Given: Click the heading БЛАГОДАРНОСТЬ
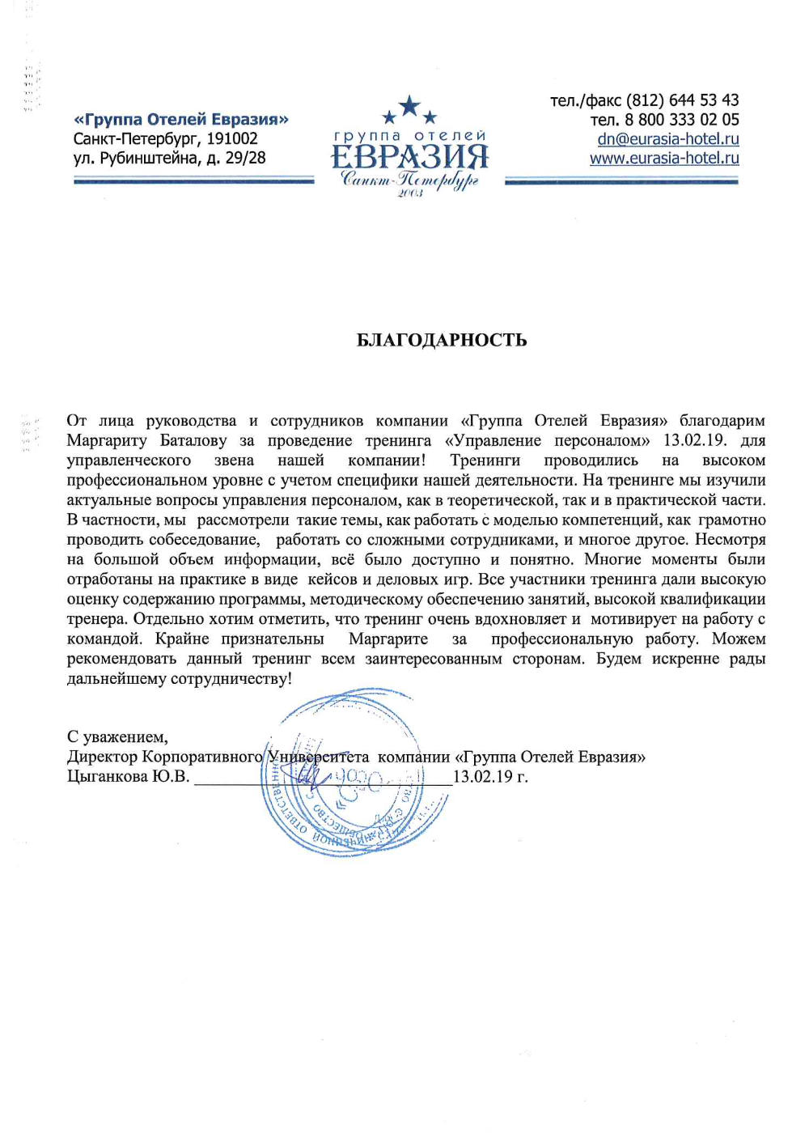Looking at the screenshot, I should click(x=442, y=340).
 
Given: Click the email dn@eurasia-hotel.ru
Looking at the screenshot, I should click(x=667, y=138).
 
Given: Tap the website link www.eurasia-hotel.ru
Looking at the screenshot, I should click(x=664, y=158).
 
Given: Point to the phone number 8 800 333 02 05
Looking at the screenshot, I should click(x=681, y=120).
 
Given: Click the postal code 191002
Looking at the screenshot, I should click(x=232, y=138).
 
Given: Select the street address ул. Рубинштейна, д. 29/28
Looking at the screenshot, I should click(x=169, y=158).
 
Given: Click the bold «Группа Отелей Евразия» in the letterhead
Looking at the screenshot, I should click(x=181, y=119).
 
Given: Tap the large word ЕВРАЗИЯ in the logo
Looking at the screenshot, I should click(x=409, y=156).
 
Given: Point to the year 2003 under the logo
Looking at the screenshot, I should click(x=410, y=194).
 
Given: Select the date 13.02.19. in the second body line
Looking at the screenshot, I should click(x=695, y=440).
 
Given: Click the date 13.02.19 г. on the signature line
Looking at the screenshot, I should click(x=490, y=777).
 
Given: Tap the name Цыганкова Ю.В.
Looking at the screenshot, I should click(x=128, y=777).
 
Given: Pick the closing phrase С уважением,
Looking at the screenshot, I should click(x=117, y=737).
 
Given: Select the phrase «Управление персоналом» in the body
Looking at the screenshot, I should click(x=547, y=440).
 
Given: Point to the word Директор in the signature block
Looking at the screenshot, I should click(x=102, y=757).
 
